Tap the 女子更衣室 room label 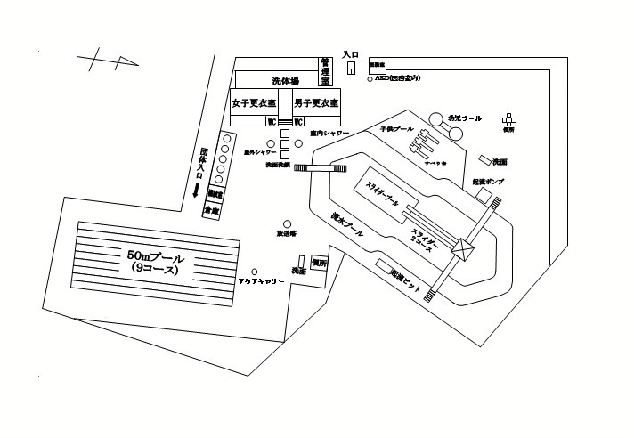(x=254, y=103)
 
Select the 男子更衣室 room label (x=315, y=103)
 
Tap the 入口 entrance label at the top (x=350, y=55)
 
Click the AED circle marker (x=370, y=79)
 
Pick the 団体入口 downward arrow (x=194, y=191)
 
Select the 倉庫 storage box (x=211, y=212)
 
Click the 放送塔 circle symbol (x=287, y=223)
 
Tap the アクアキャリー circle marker (x=255, y=272)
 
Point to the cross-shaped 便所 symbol (x=509, y=118)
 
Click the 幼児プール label (x=464, y=118)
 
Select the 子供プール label (x=396, y=130)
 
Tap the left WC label (x=271, y=122)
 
